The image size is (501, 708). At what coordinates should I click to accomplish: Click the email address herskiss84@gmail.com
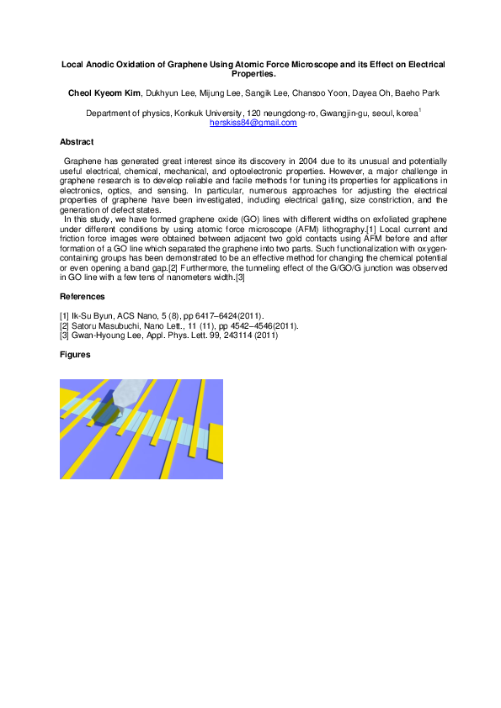[253, 123]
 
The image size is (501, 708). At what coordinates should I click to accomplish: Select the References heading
[83, 297]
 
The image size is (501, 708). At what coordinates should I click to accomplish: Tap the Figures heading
[75, 355]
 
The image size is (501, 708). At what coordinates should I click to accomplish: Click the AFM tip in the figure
[126, 396]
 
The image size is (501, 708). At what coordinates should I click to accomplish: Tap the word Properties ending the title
[250, 73]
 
